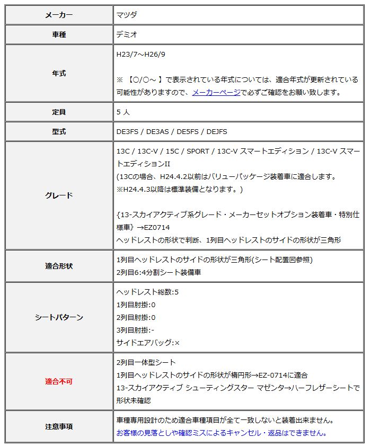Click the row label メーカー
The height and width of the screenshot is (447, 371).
coord(59,15)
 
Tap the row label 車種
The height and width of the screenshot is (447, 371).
coord(59,35)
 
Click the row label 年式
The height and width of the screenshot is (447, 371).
coord(59,74)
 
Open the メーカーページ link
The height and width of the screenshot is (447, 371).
coord(216,92)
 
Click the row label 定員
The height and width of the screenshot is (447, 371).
coord(59,112)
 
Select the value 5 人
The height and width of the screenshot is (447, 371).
coord(123,112)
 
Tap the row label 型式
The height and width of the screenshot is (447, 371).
coord(59,131)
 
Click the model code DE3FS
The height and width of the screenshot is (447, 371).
coord(128,131)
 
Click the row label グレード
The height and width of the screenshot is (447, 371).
coord(59,195)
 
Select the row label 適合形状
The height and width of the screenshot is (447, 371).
coord(59,266)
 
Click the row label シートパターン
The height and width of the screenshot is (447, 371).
coord(59,317)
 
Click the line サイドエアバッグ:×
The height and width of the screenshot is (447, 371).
coord(148,343)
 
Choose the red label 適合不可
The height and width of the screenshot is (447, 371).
coord(59,381)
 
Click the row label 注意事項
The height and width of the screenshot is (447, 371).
coord(59,426)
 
